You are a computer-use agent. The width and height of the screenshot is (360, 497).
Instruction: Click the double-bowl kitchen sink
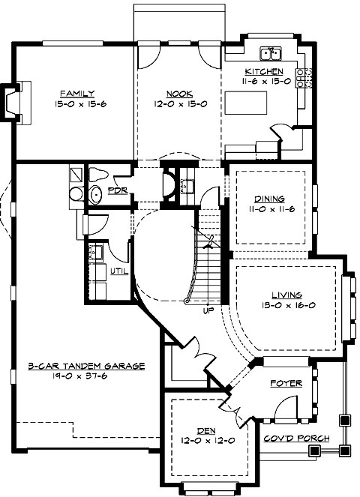270,53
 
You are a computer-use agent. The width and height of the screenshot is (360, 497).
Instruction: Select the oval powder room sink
94,196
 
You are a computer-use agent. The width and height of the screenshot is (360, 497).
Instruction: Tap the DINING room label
269,199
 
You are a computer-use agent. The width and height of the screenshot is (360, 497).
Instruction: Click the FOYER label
286,383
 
